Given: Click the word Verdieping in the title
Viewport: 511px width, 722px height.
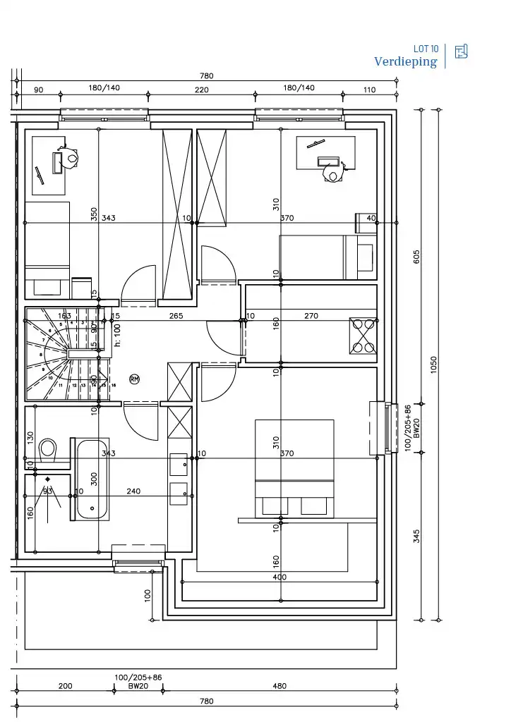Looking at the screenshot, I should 405,62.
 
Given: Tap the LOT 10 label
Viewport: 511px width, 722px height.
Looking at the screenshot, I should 426,49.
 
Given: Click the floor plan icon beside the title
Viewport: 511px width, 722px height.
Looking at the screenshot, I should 462,51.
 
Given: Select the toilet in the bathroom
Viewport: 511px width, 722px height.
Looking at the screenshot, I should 48,448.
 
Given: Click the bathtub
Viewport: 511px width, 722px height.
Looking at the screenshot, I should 92,479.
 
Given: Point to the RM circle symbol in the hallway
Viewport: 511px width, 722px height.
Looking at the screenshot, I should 134,379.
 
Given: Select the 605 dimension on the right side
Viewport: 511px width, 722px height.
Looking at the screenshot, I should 417,257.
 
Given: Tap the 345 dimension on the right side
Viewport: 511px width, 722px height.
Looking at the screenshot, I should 417,536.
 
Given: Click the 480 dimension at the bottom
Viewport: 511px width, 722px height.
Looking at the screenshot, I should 279,685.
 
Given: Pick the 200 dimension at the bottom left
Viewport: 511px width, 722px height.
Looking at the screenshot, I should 65,685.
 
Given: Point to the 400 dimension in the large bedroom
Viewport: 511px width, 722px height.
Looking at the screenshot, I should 279,577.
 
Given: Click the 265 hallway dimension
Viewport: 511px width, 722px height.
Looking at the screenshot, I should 176,316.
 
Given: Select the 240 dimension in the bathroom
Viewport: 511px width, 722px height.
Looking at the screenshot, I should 133,491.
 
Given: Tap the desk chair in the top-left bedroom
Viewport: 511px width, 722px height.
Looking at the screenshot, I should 71,159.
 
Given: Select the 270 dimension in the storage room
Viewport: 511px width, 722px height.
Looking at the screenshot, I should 311,316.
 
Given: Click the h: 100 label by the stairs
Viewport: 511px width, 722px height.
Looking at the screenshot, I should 118,335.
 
